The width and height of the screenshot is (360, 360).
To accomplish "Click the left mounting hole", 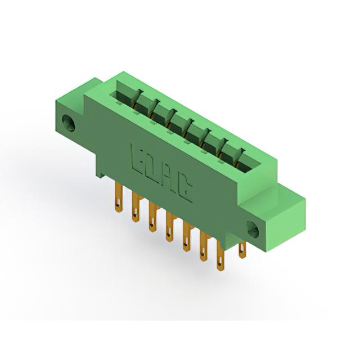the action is [69, 123].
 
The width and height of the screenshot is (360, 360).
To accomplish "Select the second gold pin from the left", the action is [136, 208].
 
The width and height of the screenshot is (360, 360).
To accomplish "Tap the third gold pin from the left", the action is [152, 217].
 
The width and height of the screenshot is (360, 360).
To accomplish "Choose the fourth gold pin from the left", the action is [169, 227].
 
